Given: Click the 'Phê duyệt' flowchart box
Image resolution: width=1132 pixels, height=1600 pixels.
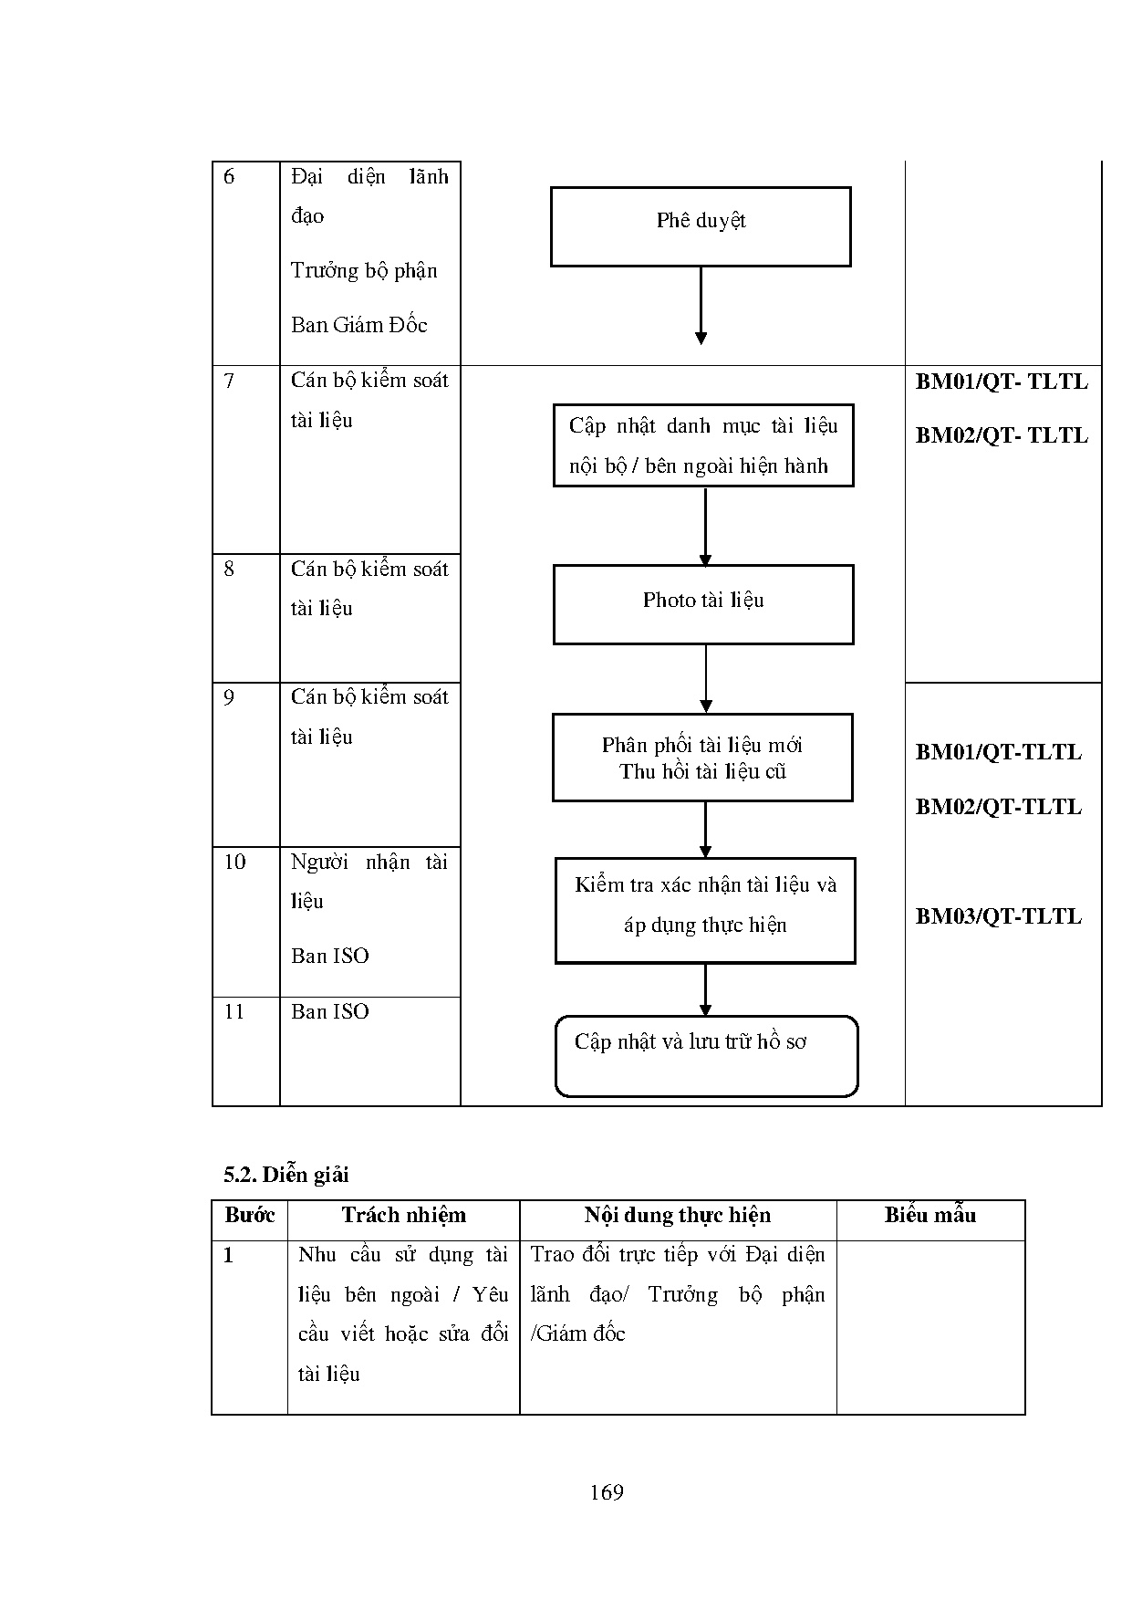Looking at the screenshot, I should pyautogui.click(x=701, y=226).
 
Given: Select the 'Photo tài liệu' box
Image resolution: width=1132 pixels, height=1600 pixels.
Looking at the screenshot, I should pyautogui.click(x=703, y=603).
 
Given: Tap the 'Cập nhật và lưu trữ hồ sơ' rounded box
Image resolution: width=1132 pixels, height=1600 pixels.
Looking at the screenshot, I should pyautogui.click(x=706, y=1055).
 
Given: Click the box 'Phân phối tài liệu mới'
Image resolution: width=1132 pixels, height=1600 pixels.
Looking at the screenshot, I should pyautogui.click(x=702, y=758).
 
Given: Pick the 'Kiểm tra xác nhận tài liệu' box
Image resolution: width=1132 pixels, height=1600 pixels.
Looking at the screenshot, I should pyautogui.click(x=705, y=910).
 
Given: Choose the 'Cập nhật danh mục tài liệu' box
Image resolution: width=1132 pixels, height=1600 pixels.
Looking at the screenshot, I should pyautogui.click(x=703, y=445).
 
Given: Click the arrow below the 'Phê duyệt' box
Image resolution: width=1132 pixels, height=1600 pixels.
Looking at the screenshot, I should pyautogui.click(x=701, y=306).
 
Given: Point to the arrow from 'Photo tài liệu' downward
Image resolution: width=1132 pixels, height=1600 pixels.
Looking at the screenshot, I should pyautogui.click(x=705, y=678).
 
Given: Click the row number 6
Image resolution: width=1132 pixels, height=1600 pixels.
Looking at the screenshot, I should pyautogui.click(x=229, y=177).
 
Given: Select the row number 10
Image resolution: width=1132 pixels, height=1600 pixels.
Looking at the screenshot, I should pyautogui.click(x=234, y=862).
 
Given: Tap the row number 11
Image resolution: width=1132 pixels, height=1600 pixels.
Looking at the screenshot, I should pyautogui.click(x=234, y=1011).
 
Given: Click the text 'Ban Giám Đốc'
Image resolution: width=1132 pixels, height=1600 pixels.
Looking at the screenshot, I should pyautogui.click(x=358, y=325).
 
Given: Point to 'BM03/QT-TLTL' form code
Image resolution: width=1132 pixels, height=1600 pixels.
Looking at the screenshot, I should pyautogui.click(x=998, y=916).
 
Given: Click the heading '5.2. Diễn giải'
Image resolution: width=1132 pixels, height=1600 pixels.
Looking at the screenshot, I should pyautogui.click(x=286, y=1175).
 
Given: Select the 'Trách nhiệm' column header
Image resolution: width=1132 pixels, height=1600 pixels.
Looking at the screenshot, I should pyautogui.click(x=403, y=1216).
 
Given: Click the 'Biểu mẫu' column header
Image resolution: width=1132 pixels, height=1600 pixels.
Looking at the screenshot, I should pyautogui.click(x=929, y=1216).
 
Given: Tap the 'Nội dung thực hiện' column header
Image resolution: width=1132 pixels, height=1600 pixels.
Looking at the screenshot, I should pyautogui.click(x=678, y=1216).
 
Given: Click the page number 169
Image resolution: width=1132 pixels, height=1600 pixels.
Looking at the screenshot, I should pyautogui.click(x=607, y=1492).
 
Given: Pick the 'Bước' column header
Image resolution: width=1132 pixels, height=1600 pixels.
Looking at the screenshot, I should pyautogui.click(x=249, y=1216).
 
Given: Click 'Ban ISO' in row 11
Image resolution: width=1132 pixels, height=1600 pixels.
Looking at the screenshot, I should pyautogui.click(x=330, y=1011).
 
